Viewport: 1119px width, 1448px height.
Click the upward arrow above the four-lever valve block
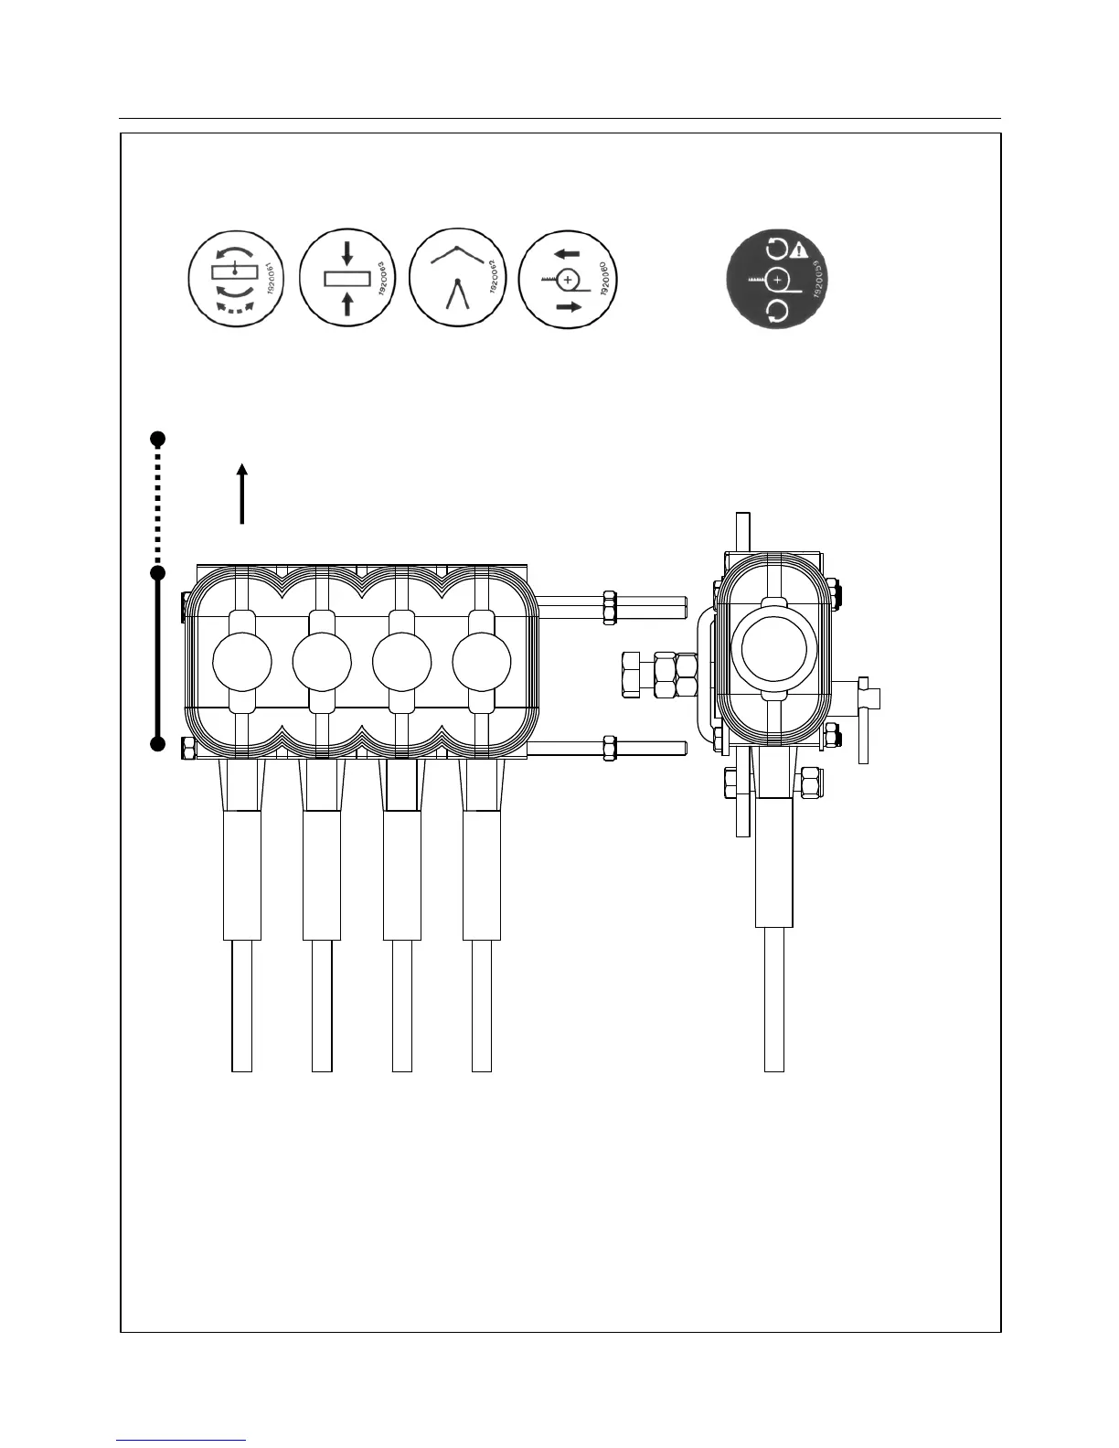click(242, 493)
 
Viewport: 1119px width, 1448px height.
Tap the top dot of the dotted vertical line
click(157, 437)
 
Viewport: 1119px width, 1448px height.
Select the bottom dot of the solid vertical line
click(157, 744)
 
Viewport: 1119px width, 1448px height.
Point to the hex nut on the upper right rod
click(609, 607)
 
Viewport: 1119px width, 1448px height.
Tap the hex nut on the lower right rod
click(606, 748)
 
